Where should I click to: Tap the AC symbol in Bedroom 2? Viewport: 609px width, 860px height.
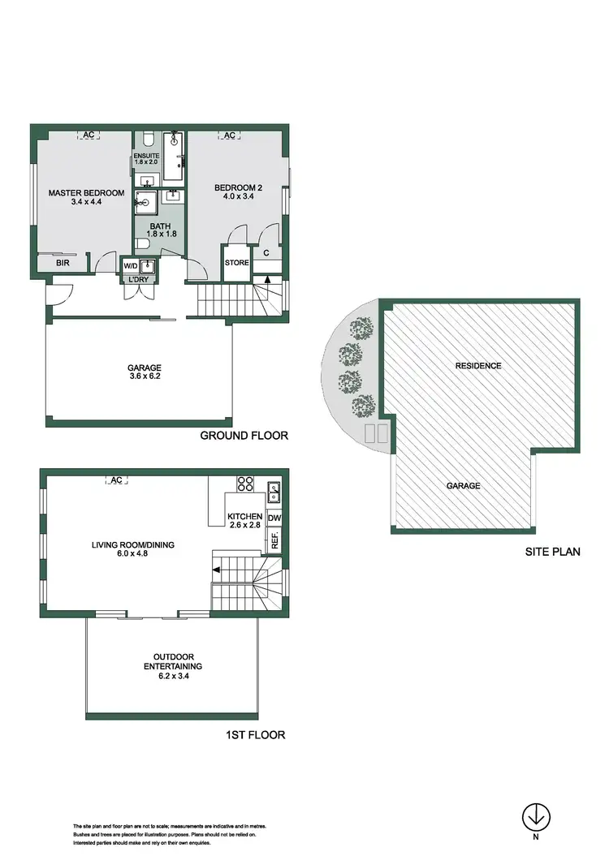click(x=229, y=135)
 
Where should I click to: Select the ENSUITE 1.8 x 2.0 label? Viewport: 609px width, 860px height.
click(x=148, y=157)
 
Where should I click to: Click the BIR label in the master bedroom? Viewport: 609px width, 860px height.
click(x=62, y=264)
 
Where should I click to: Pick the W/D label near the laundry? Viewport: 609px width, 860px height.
click(x=130, y=265)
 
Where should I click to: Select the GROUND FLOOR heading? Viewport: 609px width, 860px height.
click(x=244, y=436)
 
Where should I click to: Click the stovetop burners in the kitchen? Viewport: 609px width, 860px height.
click(x=244, y=485)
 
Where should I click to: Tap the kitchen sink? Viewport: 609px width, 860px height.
click(x=274, y=488)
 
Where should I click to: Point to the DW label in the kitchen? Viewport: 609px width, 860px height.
click(x=274, y=518)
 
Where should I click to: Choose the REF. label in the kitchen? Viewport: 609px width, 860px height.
click(x=275, y=540)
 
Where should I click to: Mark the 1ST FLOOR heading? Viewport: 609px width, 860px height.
click(x=254, y=736)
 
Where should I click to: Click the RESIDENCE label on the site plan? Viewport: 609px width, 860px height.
click(x=478, y=366)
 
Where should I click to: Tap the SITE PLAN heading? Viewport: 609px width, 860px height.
click(x=553, y=552)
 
